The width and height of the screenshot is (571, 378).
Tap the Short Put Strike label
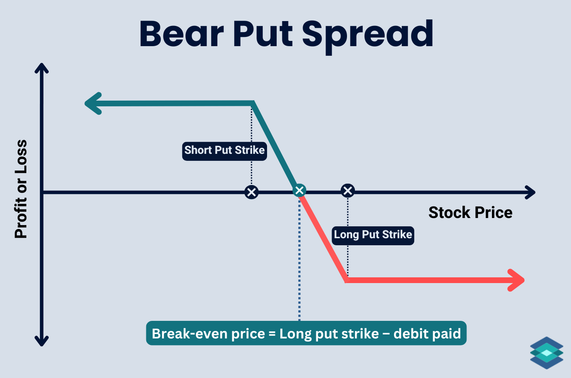click(224, 150)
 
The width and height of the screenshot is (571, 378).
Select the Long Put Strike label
click(373, 234)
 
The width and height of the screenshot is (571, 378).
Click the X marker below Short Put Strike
click(252, 192)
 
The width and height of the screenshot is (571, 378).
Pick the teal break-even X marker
click(300, 190)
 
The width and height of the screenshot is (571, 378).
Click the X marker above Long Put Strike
click(347, 191)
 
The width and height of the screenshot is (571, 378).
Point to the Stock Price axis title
click(470, 213)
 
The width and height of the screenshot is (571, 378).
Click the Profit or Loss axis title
click(21, 189)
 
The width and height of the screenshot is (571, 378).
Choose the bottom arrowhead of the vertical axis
click(41, 341)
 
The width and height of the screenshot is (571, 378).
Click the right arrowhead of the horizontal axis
click(530, 192)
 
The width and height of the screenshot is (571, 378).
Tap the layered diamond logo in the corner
click(546, 353)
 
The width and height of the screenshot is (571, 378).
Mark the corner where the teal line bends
click(253, 103)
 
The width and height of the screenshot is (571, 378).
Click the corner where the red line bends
click(347, 279)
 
